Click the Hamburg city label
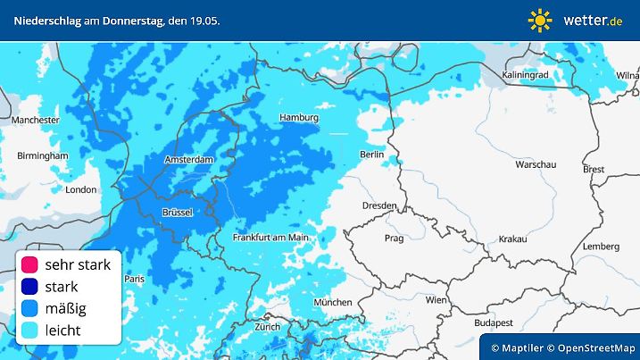click(299, 118)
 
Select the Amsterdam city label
click(190, 160)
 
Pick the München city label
click(333, 303)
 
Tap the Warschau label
click(536, 165)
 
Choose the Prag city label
click(394, 239)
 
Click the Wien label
click(436, 300)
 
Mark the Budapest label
click(492, 322)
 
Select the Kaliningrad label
click(525, 75)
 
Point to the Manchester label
click(35, 119)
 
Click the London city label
click(80, 189)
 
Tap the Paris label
click(135, 280)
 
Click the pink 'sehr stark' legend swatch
click(29, 264)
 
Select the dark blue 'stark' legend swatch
click(29, 287)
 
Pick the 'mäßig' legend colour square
click(29, 309)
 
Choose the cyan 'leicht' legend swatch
click(29, 331)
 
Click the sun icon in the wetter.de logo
click(540, 20)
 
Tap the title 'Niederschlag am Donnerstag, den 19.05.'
click(117, 20)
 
